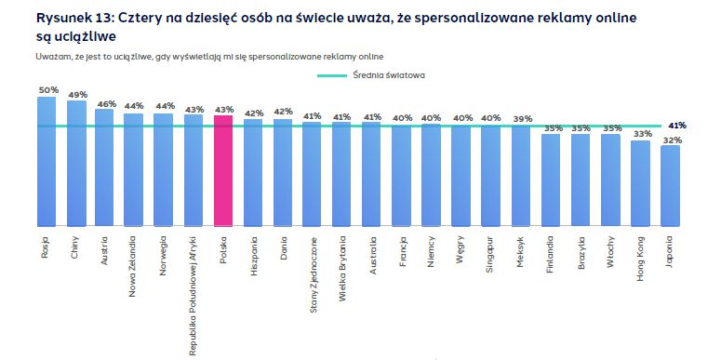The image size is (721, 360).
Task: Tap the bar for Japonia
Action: (670, 185)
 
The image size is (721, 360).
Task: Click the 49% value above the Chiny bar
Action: (77, 94)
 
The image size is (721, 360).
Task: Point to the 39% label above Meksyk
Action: (522, 118)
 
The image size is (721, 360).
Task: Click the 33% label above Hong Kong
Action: (640, 133)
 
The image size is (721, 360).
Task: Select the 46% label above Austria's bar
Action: (106, 102)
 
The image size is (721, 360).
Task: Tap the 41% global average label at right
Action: (678, 125)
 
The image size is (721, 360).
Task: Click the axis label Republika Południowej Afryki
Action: (193, 294)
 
